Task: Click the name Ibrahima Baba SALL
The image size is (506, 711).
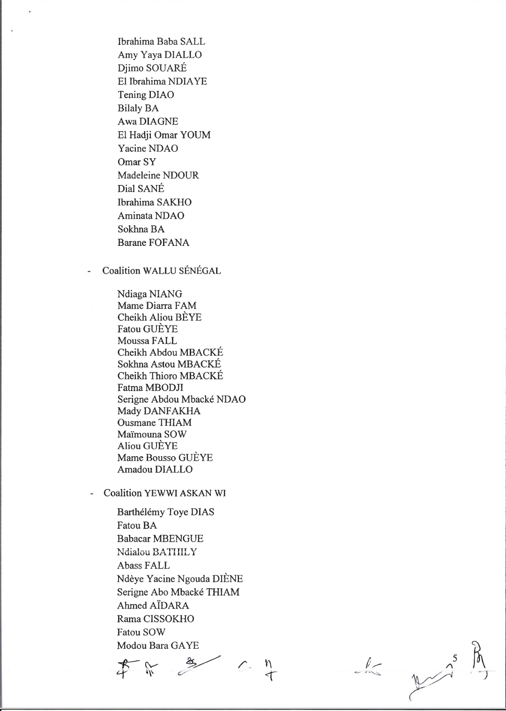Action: (x=161, y=42)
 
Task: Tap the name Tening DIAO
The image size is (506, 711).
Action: (x=146, y=95)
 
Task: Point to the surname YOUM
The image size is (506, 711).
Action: (x=195, y=135)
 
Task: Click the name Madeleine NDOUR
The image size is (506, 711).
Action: (x=158, y=176)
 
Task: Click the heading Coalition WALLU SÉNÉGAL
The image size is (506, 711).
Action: (x=162, y=271)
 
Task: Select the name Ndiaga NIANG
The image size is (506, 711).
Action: (x=150, y=294)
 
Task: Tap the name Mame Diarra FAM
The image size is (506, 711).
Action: (x=157, y=306)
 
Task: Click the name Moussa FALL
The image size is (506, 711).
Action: (x=147, y=341)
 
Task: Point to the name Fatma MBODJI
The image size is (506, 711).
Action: (x=150, y=388)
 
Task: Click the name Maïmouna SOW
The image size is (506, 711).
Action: (x=152, y=435)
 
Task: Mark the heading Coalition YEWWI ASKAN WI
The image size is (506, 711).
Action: (x=165, y=493)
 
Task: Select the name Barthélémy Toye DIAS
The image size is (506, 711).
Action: (x=165, y=512)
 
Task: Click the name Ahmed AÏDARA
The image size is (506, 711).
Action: (x=153, y=606)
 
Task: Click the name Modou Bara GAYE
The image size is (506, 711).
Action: (x=158, y=645)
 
